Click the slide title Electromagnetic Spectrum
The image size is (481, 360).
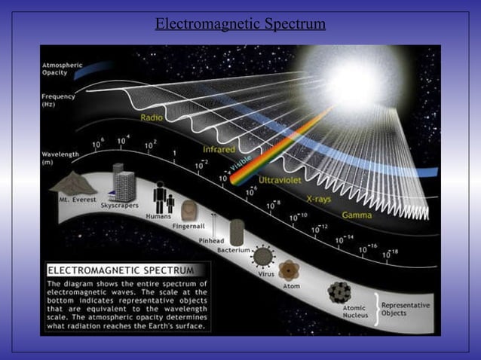point(240,24)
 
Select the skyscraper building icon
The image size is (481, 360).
point(124,185)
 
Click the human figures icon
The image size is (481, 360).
point(164,199)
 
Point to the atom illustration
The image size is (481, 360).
point(290,271)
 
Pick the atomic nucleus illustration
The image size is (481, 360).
point(341,292)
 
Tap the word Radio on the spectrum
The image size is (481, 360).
point(151,117)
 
